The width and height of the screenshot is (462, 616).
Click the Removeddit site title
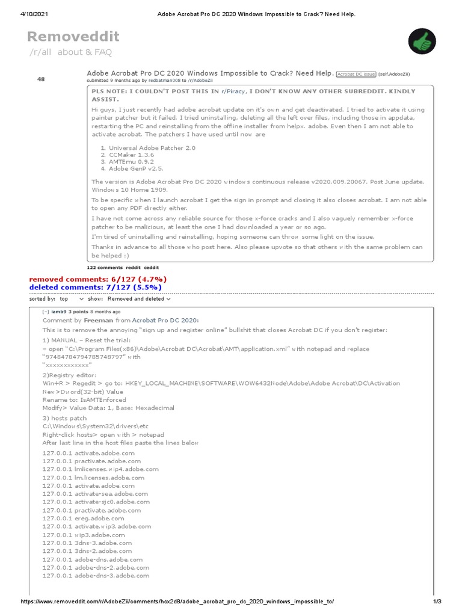coord(73,37)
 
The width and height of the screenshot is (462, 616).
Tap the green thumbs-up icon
coord(422,41)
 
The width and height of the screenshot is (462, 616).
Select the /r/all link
coord(41,52)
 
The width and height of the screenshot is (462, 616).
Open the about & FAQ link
coord(85,52)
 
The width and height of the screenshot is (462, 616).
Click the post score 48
coord(41,79)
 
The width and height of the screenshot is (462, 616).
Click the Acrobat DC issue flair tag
coord(356,74)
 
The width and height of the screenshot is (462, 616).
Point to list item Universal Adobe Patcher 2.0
coord(152,147)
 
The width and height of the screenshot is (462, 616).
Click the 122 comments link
coord(105,267)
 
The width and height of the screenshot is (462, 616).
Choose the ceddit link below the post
coord(151,267)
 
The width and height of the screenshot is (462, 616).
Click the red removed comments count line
coord(98,279)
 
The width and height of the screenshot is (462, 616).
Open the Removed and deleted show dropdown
coord(138,298)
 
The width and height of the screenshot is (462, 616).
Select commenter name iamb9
coord(59,312)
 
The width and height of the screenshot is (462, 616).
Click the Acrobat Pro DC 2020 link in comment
coord(165,321)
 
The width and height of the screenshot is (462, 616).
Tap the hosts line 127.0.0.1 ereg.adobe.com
coord(83,518)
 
